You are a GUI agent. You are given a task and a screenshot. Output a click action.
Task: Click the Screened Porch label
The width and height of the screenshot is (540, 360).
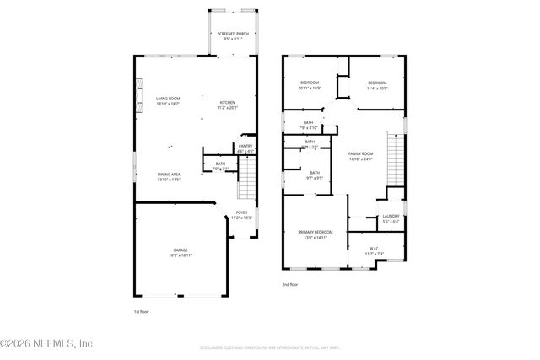(x=233, y=37)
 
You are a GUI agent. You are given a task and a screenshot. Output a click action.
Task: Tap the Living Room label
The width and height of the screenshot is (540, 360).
(x=169, y=102)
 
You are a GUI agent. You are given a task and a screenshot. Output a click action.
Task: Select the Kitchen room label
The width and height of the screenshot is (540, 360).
(x=228, y=104)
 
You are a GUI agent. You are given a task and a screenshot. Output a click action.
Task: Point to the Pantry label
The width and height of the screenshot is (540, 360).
(x=246, y=148)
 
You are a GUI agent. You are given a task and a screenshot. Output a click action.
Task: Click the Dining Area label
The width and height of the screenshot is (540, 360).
(x=169, y=177)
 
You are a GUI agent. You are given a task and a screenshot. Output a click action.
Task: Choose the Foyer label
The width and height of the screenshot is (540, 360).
(x=241, y=215)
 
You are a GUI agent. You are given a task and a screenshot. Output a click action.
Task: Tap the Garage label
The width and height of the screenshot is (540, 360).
(x=181, y=253)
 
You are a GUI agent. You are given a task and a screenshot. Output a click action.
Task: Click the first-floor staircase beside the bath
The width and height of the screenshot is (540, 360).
(x=245, y=179)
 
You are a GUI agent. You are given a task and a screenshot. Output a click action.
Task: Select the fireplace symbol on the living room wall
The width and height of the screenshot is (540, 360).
(x=139, y=94)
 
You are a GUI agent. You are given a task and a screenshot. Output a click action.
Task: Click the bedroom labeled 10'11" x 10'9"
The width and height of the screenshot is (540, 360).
(x=310, y=84)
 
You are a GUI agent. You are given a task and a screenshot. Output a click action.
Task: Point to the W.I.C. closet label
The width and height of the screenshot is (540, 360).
(x=375, y=250)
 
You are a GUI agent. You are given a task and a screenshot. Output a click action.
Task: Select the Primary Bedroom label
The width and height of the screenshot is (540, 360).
(x=316, y=234)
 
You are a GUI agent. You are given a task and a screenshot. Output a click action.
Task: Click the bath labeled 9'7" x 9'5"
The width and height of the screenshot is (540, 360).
(x=314, y=175)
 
